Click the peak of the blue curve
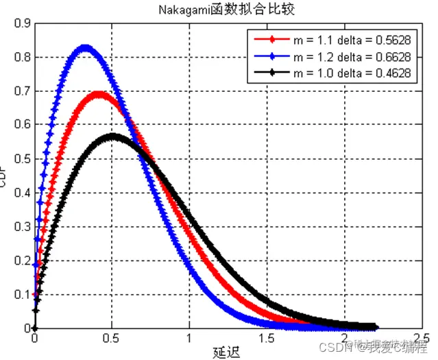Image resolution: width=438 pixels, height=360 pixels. [86, 48]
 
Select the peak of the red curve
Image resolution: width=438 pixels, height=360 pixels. [98, 93]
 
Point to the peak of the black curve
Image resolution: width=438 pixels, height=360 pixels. [113, 136]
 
